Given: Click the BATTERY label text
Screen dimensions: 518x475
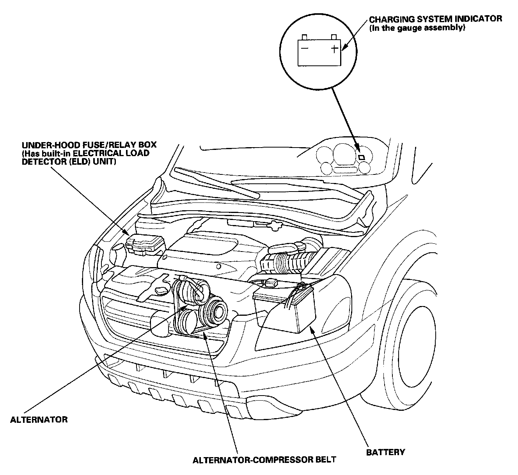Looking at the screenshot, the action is point(385,452).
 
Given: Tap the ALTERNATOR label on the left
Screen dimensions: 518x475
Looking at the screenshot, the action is point(39,420).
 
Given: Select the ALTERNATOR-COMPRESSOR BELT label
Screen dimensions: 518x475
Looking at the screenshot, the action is point(264,460).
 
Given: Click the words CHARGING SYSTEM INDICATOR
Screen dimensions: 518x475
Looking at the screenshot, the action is point(436,19).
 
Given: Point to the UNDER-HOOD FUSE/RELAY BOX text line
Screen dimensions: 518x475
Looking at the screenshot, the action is point(89,144).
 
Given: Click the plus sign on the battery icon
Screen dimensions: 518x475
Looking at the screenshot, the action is point(335,49).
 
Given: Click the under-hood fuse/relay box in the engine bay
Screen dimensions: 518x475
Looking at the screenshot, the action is point(145,244).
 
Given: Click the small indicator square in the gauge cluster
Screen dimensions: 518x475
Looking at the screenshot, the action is point(362,157).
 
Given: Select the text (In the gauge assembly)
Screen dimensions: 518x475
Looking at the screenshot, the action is point(417,28).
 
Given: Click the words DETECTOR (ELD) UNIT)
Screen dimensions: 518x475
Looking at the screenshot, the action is point(69,162).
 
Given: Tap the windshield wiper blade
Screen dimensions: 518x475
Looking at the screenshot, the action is point(217,183).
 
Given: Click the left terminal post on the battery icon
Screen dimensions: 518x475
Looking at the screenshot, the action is point(305,37).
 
